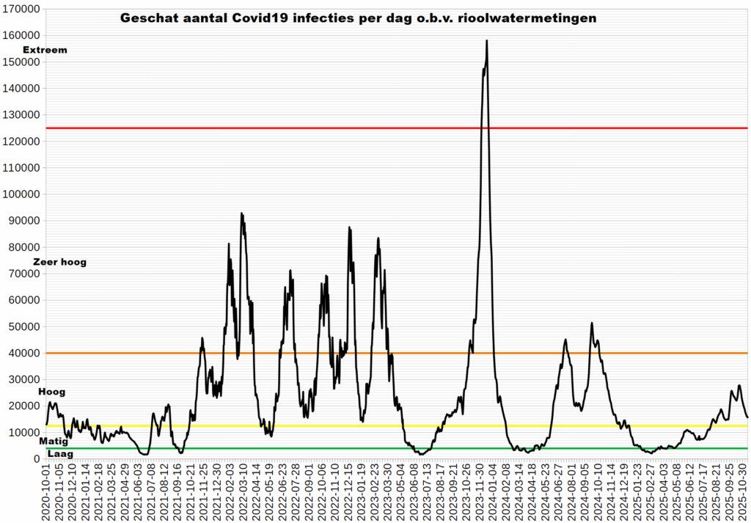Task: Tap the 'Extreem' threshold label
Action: tap(45, 50)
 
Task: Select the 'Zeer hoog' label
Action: tap(59, 262)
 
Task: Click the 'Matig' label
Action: tap(53, 442)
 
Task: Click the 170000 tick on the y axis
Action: tap(21, 9)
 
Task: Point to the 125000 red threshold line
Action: tap(293, 128)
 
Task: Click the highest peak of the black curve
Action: tap(487, 41)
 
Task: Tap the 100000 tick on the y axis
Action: tap(21, 194)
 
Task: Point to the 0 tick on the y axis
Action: tap(37, 459)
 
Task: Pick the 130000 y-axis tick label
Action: tap(21, 115)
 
